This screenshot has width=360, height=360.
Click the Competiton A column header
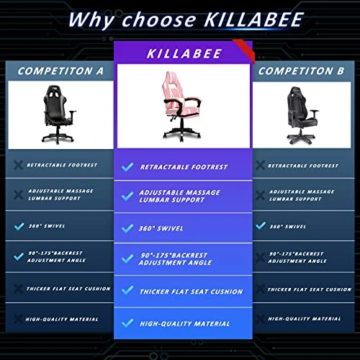pyautogui.click(x=60, y=71)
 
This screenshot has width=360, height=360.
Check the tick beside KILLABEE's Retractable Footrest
pyautogui.click(x=127, y=167)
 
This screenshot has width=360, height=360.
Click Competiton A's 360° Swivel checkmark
pyautogui.click(x=18, y=225)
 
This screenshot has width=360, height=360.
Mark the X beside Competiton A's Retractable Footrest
pyautogui.click(x=18, y=165)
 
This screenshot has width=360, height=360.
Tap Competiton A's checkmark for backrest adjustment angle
pyautogui.click(x=18, y=256)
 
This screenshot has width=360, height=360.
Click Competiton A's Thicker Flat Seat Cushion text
pyautogui.click(x=69, y=289)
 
